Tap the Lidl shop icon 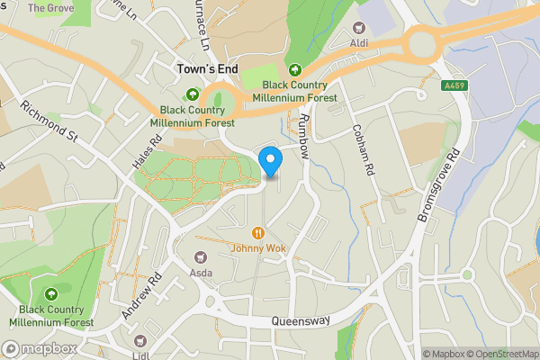pos(139,341)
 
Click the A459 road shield pos(454,86)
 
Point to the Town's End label pos(205,68)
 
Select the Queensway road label pos(301,320)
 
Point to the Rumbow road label pos(304,136)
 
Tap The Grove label pos(50,7)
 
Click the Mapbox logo pos(40,348)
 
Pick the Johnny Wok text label pos(257,248)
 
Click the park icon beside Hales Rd pos(192,95)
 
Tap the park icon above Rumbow pos(294,69)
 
